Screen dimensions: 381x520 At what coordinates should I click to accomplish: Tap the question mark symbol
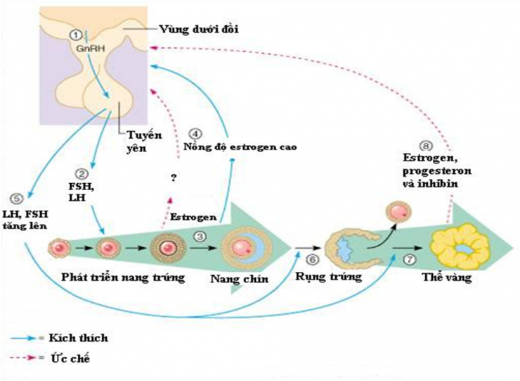coord(171,178)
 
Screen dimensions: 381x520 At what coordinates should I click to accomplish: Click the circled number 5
coord(18,198)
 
